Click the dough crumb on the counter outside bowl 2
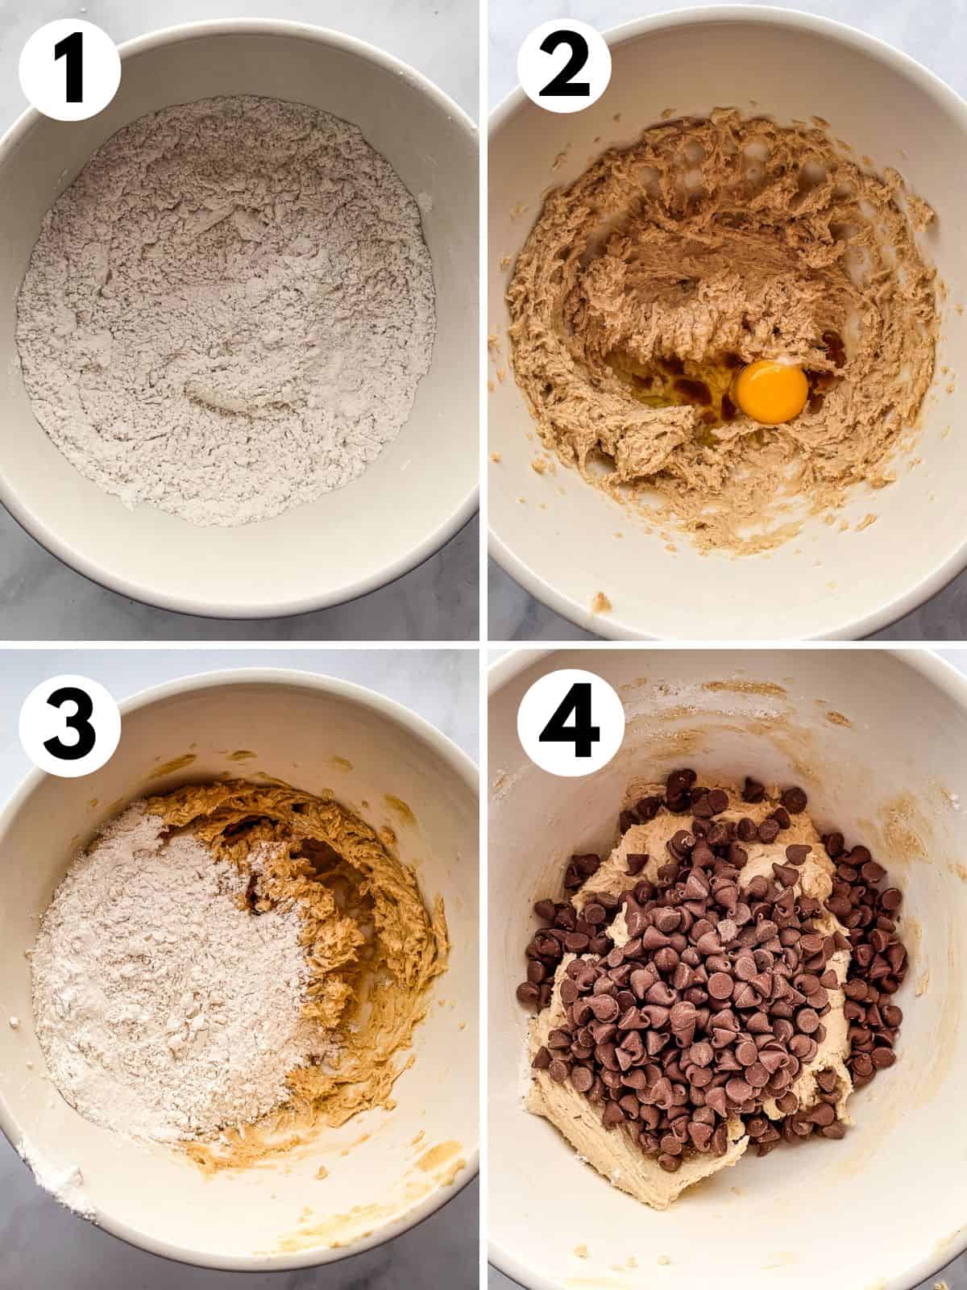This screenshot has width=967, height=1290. click(x=601, y=602)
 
